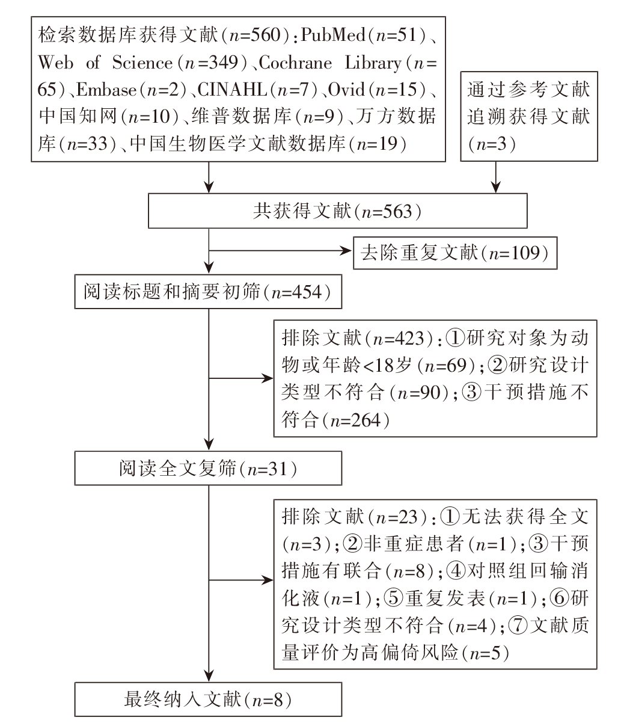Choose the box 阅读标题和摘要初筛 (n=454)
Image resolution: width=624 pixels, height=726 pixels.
click(x=208, y=294)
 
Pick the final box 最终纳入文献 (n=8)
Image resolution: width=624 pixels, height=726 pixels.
click(x=208, y=699)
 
